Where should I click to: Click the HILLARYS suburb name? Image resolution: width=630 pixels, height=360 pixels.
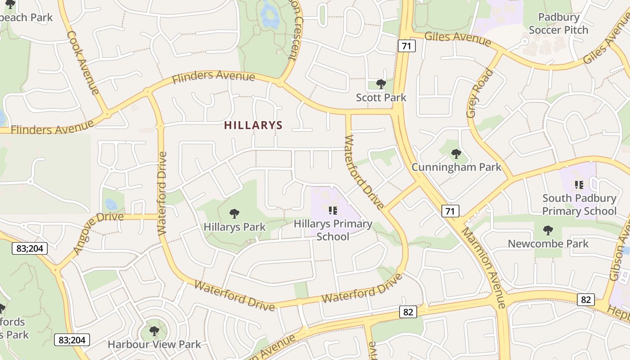click(253, 126)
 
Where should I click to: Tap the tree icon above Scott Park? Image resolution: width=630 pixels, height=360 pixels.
click(381, 84)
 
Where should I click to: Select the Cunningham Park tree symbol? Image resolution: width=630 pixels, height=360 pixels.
click(456, 154)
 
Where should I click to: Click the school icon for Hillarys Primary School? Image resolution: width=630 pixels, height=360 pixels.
click(333, 210)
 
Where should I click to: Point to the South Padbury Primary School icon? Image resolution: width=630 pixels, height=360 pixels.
click(579, 184)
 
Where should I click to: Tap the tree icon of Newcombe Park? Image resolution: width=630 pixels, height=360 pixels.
click(548, 230)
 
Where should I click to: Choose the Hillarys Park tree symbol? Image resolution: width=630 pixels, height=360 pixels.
click(234, 214)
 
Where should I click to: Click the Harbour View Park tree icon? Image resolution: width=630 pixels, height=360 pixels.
click(154, 332)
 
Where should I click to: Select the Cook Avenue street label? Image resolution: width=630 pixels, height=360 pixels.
click(83, 63)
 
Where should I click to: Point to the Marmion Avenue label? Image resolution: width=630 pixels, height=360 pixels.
click(484, 268)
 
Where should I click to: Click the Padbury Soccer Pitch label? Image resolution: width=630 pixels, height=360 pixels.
click(558, 24)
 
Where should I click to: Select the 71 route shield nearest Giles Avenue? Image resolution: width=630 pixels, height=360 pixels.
click(406, 45)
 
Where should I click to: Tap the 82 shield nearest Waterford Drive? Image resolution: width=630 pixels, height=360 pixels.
click(408, 311)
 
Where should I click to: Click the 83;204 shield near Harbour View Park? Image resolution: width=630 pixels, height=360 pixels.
click(72, 340)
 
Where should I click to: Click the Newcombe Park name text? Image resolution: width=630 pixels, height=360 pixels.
click(548, 244)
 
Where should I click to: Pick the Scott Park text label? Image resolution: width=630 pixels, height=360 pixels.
click(381, 98)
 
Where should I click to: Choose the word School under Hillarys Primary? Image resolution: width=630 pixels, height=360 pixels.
click(333, 237)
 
